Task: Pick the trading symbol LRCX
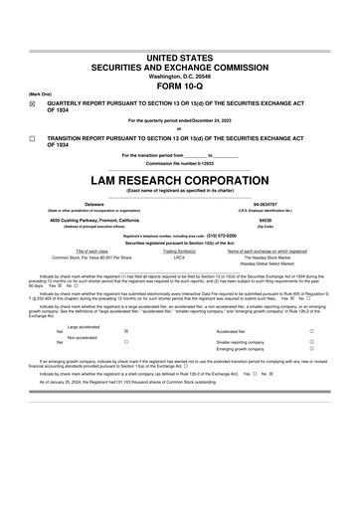pyautogui.click(x=180, y=257)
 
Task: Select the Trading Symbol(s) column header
pyautogui.click(x=180, y=252)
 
